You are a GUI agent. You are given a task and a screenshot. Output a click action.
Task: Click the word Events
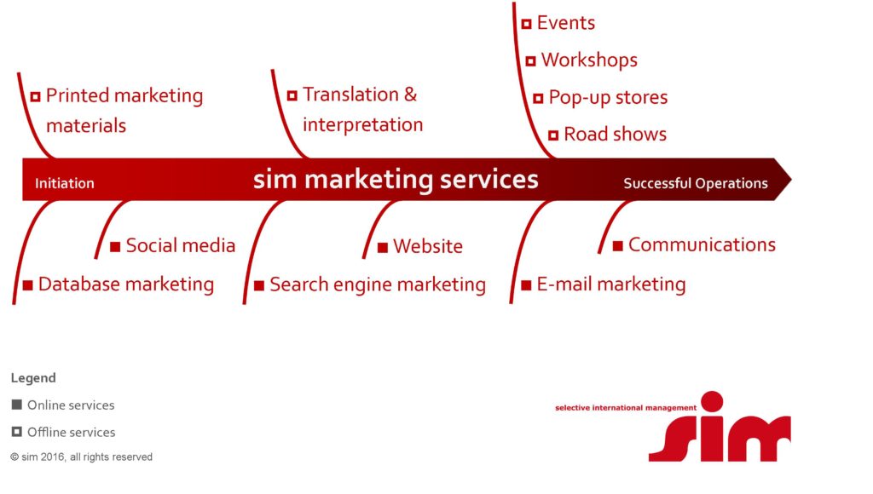coord(566,23)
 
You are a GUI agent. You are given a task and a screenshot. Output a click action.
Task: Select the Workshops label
coord(589,60)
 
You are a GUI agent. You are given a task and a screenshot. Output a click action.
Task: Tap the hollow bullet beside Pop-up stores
coord(538,99)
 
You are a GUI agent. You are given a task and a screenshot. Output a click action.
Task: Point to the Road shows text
coord(615,134)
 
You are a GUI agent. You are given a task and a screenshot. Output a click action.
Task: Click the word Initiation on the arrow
coord(65,183)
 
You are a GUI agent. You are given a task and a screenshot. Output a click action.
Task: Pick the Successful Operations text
coord(696,183)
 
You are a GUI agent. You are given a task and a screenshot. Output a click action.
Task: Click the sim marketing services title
coord(396,179)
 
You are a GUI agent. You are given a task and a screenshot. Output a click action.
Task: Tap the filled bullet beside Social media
coord(115,246)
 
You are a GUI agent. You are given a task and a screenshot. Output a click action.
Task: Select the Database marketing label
coord(126,284)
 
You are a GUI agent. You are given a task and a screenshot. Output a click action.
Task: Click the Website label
coord(428,246)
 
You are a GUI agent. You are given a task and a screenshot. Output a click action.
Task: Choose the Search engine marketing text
coord(378,284)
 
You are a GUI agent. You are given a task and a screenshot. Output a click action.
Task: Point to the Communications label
coord(702,244)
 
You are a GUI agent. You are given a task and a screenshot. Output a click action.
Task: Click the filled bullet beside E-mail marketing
coord(526,285)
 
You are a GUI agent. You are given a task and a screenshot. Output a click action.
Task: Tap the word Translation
coord(350,95)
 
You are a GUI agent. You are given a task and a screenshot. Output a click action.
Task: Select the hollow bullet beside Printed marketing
coord(35,97)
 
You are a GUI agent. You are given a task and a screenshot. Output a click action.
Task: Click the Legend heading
coord(33,377)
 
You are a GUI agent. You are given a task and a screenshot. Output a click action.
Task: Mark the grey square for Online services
coord(17,405)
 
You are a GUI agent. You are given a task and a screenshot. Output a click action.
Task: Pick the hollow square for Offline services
coord(17,432)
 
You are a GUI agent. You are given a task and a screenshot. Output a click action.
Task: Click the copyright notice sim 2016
coord(81,457)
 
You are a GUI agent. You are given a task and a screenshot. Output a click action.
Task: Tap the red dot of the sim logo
coord(712,402)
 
